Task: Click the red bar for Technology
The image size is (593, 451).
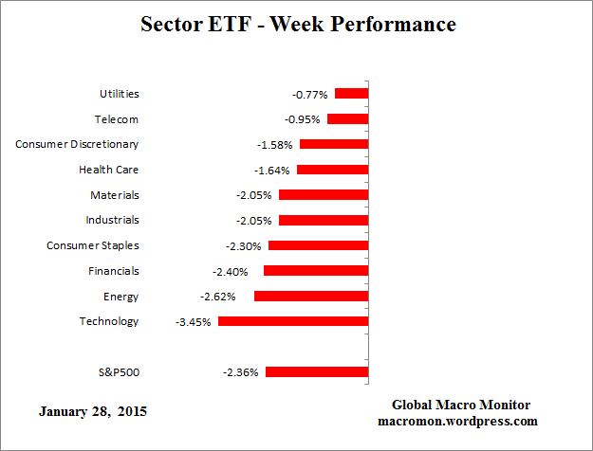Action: [292, 321]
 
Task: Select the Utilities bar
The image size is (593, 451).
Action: [350, 94]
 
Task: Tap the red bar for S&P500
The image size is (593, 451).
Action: [316, 372]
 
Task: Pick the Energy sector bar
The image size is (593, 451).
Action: [310, 296]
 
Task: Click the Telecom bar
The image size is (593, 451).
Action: [347, 119]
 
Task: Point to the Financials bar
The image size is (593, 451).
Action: [315, 271]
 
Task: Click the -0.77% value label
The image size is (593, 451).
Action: [310, 95]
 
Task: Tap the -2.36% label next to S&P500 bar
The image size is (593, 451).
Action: [240, 372]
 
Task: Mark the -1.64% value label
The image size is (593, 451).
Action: [272, 171]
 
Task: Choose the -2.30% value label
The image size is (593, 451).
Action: [245, 246]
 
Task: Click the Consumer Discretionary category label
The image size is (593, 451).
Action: [77, 144]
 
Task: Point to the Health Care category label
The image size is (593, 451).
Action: [108, 170]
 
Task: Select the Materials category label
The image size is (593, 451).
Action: [114, 195]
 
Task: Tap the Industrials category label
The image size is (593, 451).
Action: [113, 220]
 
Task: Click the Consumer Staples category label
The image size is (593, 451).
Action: [93, 245]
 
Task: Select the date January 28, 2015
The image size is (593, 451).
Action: [93, 412]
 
